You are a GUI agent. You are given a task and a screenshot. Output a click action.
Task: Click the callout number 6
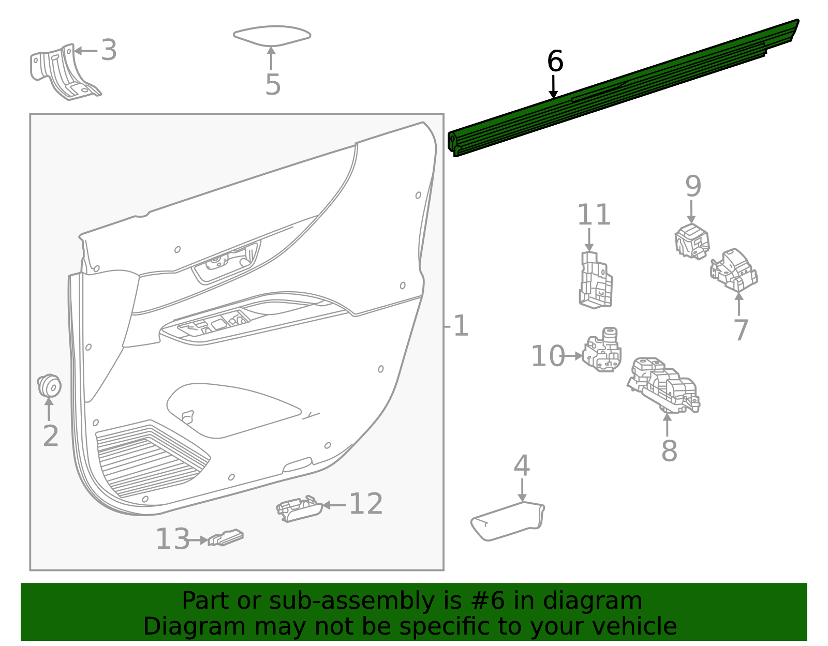(x=555, y=62)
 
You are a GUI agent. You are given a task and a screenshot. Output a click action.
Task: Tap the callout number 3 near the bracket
(x=109, y=50)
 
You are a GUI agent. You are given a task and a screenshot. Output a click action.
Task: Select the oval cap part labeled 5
(x=272, y=35)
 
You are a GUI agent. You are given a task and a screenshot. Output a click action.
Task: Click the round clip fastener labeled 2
(x=50, y=385)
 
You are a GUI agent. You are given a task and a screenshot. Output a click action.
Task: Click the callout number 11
(x=594, y=215)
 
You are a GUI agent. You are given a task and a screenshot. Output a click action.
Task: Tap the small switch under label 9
(x=691, y=241)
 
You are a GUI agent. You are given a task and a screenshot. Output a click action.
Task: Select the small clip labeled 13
(x=226, y=538)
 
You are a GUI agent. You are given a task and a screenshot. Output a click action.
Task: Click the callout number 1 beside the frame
(x=460, y=326)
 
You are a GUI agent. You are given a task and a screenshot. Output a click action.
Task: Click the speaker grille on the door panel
(x=150, y=460)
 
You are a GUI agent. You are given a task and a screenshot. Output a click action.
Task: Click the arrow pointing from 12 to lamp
(x=335, y=505)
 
